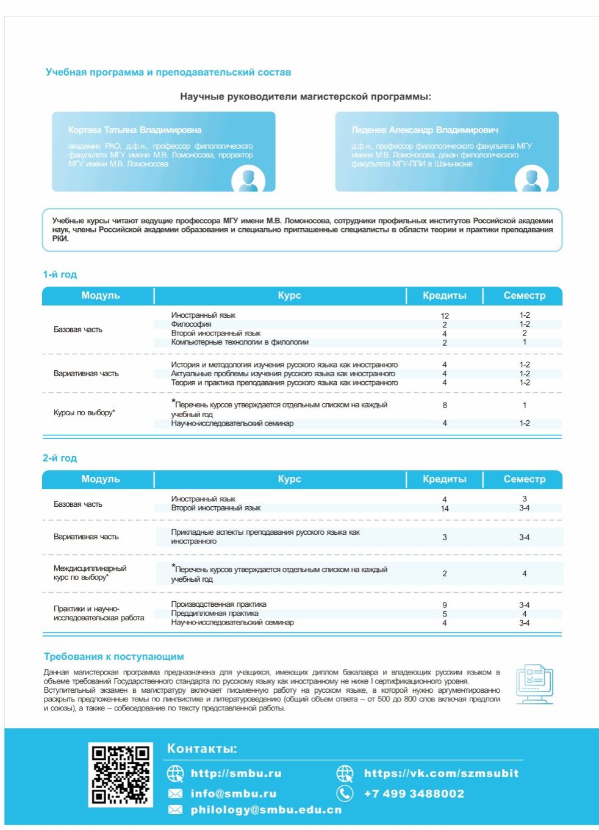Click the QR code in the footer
[x=120, y=775]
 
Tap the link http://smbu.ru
[x=236, y=773]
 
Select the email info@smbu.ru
[x=234, y=793]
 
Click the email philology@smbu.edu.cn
[x=266, y=810]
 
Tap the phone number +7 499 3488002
[x=414, y=793]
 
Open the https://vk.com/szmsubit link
[x=441, y=773]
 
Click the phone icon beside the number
[x=345, y=793]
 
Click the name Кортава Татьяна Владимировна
[x=135, y=130]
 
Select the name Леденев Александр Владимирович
[x=425, y=130]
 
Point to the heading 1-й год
[x=60, y=274]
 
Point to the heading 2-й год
[x=60, y=458]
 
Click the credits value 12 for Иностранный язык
[x=445, y=316]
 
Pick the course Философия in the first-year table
[x=191, y=324]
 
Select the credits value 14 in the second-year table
[x=445, y=509]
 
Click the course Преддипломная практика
[x=215, y=614]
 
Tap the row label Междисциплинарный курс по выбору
[x=90, y=573]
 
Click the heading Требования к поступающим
[x=113, y=657]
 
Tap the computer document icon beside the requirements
[x=534, y=684]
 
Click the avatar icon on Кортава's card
[x=248, y=180]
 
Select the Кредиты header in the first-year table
[x=445, y=296]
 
